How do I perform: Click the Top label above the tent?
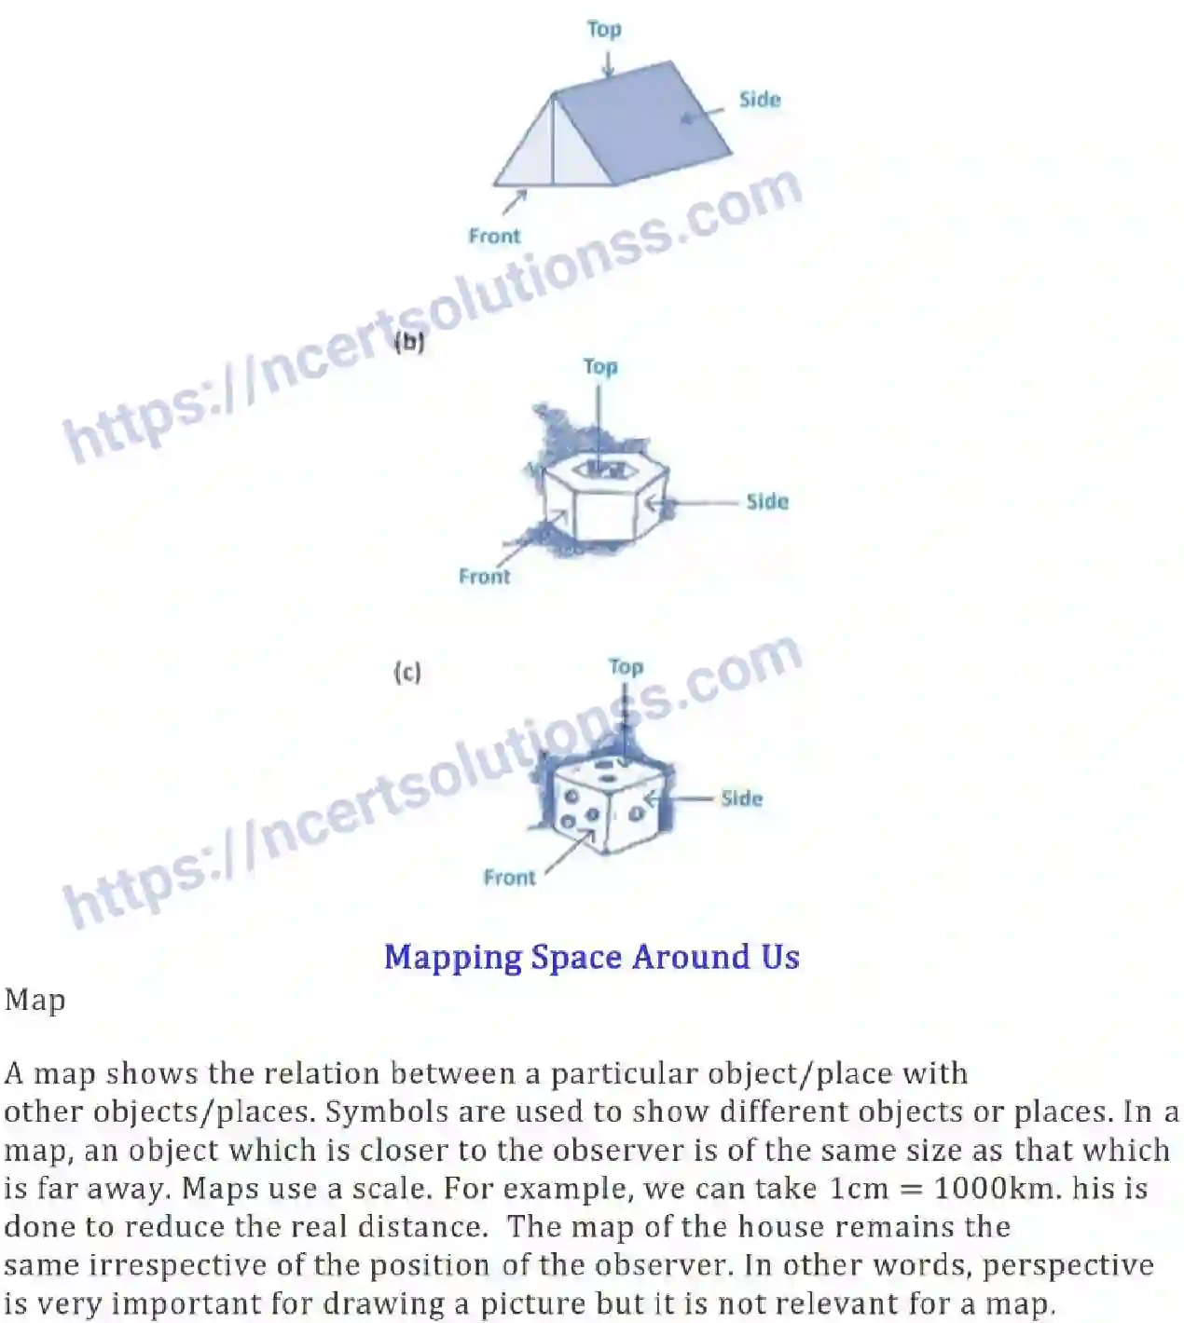604,30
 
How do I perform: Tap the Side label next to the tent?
760,100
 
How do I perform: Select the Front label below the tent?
494,237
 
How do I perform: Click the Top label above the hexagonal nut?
600,367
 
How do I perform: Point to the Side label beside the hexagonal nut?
767,502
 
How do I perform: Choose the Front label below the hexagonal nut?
485,577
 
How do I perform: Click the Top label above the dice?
626,667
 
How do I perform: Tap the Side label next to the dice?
742,798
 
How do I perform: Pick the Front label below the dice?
509,878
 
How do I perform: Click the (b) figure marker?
409,342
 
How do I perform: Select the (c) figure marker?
407,672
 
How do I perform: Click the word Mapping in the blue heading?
452,958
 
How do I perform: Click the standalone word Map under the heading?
34,1001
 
